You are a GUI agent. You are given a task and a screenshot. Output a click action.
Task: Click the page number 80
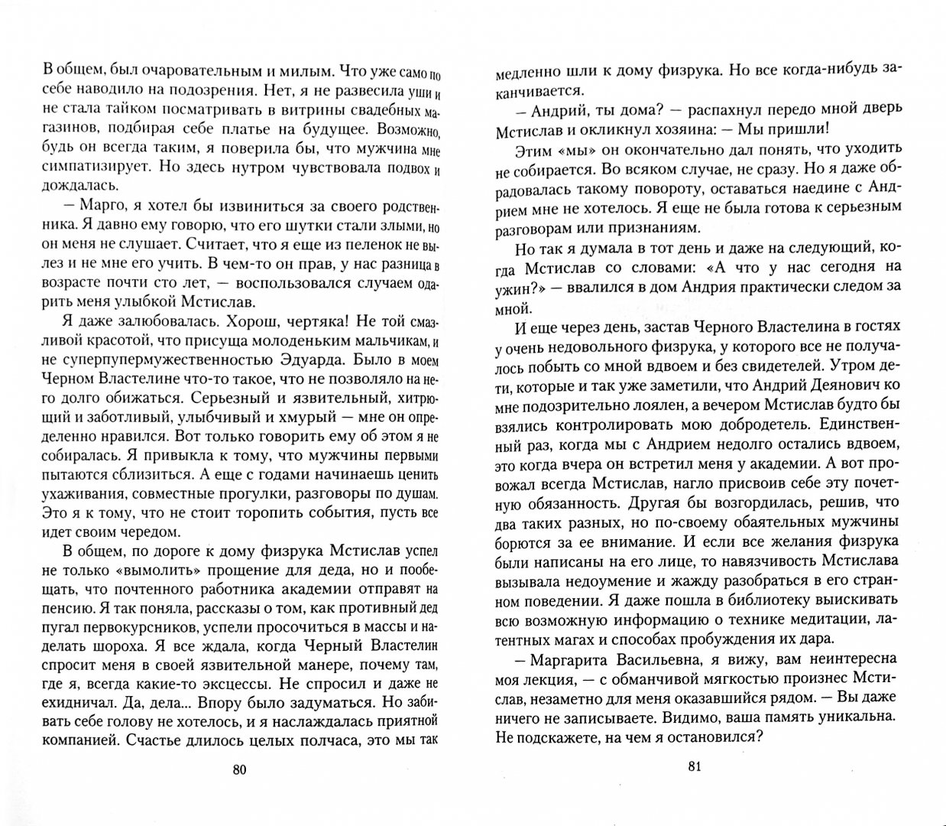pos(238,769)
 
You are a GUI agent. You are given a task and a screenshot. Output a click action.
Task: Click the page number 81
pos(694,768)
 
